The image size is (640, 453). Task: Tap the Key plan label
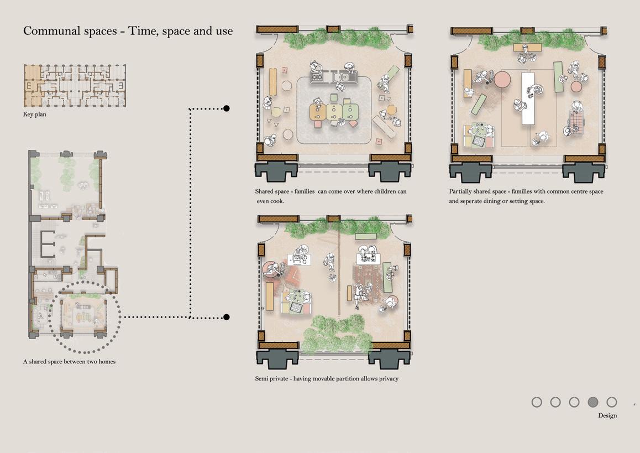[35, 114]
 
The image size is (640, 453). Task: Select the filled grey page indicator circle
[592, 402]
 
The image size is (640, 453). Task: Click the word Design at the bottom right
[607, 415]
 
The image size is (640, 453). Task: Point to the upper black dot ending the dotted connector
[226, 108]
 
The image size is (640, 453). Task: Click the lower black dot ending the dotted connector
[226, 317]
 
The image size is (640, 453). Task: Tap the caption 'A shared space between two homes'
[70, 362]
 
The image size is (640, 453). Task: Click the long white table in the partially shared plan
[528, 98]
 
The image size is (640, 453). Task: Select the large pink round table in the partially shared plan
[502, 79]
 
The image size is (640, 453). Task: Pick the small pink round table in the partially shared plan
[576, 87]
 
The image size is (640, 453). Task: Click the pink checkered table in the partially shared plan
[577, 121]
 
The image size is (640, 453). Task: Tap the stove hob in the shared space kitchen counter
[317, 76]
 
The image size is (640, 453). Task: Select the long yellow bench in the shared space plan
[272, 82]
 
